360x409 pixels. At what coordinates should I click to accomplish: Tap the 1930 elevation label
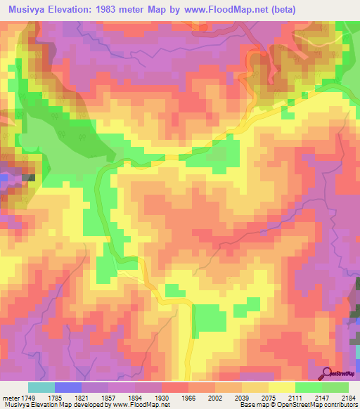(162, 397)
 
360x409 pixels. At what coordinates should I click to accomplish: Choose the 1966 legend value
(189, 397)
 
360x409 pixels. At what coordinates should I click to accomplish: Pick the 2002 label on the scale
(216, 397)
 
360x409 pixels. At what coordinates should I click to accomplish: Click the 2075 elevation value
(269, 397)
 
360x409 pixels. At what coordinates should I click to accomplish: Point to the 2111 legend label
(295, 397)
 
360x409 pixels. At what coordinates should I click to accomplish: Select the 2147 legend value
(322, 397)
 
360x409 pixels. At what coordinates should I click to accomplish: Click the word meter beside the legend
(10, 397)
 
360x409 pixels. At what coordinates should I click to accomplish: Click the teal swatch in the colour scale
(41, 387)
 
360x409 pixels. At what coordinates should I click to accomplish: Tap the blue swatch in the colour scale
(68, 387)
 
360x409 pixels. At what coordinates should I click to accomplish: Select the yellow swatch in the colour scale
(282, 387)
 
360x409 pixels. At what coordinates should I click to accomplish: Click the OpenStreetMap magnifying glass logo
(327, 372)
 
